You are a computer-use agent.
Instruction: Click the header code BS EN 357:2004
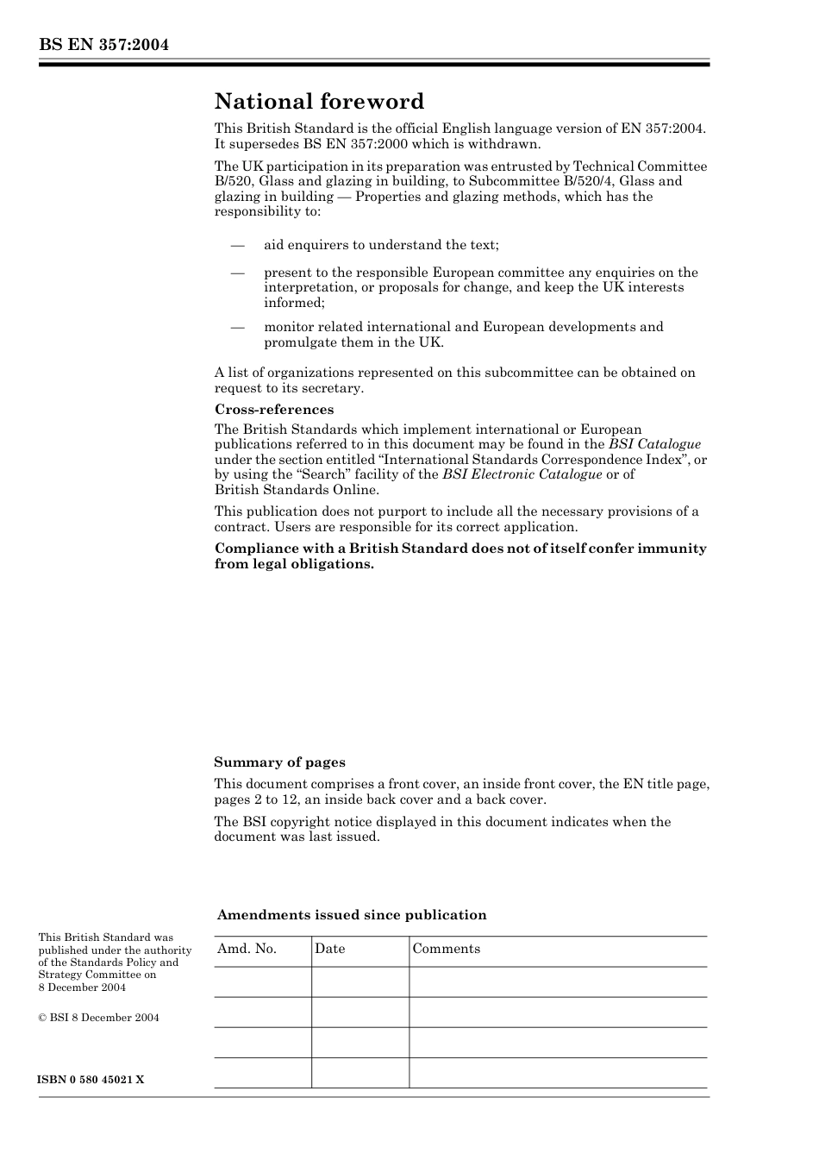(x=103, y=45)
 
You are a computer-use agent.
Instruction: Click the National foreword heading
(x=319, y=102)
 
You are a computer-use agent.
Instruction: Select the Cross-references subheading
(x=274, y=410)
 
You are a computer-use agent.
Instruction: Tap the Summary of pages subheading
(x=279, y=762)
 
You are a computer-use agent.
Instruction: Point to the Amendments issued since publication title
(x=352, y=915)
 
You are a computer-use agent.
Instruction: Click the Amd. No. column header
(x=247, y=949)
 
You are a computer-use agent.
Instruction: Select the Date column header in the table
(x=329, y=949)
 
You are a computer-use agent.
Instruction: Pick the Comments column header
(x=446, y=949)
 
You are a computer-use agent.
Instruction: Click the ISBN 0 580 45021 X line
(x=91, y=1080)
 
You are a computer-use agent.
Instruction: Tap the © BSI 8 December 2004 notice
(x=98, y=1018)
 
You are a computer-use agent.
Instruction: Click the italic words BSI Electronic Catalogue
(x=522, y=474)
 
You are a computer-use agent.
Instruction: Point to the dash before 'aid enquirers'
(x=238, y=245)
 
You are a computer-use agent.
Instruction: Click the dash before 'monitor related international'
(x=238, y=327)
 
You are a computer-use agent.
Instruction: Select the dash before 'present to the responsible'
(x=238, y=273)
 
